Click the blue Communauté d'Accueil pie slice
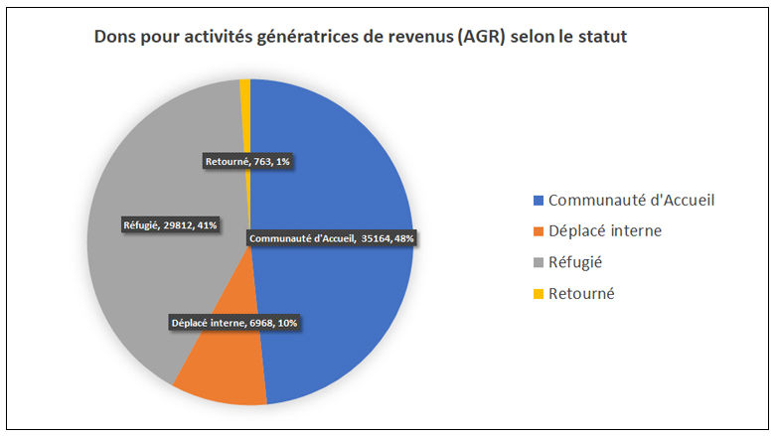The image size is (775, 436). tap(338, 179)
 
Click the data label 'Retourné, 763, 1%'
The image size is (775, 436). tap(247, 161)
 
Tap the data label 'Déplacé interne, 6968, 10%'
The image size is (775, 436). tap(234, 323)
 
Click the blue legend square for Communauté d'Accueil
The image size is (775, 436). tap(539, 201)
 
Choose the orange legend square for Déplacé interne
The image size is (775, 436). tap(539, 231)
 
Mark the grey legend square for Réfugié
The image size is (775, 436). tap(539, 263)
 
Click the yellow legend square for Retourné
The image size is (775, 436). tap(539, 294)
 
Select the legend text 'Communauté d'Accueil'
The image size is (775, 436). tap(631, 200)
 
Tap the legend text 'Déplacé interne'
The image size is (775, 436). tap(604, 231)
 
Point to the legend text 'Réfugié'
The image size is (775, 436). tap(575, 262)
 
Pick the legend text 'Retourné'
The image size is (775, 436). tap(581, 294)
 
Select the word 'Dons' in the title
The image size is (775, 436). tap(112, 38)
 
